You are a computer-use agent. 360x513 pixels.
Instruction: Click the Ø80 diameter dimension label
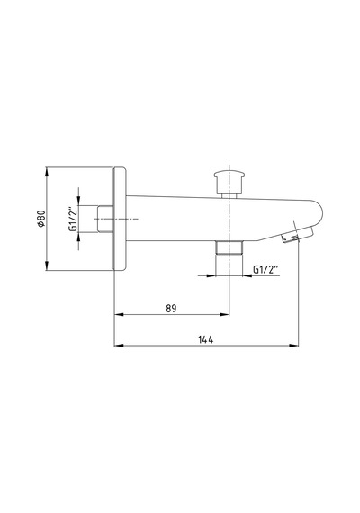point(40,219)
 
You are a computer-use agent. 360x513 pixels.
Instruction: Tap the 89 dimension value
point(171,308)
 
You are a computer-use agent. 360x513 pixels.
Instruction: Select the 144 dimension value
point(206,339)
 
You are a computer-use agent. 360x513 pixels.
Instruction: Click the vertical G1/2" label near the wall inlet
point(73,219)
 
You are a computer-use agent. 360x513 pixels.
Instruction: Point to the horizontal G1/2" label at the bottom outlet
point(265,270)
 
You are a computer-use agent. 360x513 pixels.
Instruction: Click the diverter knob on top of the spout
point(229,181)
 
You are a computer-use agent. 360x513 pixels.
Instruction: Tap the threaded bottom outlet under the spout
point(229,247)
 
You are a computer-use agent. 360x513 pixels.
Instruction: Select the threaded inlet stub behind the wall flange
point(105,219)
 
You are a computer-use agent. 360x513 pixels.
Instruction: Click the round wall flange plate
point(120,219)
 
